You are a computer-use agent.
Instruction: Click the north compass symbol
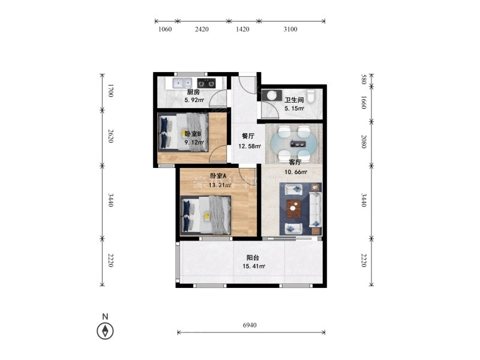105,331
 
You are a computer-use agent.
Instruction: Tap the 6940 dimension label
250,325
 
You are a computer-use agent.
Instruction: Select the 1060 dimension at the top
165,29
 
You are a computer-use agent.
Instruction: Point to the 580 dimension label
364,79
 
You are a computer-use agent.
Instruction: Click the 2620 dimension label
111,136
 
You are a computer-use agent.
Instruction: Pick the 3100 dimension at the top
290,29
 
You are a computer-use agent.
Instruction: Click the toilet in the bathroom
311,96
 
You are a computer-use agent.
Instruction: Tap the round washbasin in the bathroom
272,95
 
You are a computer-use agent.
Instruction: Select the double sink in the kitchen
182,83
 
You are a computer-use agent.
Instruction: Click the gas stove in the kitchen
206,83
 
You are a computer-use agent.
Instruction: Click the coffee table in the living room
294,209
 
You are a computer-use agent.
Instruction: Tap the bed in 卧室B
183,132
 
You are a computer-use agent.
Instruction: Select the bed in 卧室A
206,215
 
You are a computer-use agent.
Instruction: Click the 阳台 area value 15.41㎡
254,266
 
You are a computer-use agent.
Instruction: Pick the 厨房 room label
193,92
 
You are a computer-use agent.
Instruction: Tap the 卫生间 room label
294,100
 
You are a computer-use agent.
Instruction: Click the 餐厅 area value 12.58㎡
250,146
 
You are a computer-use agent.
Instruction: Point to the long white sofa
315,209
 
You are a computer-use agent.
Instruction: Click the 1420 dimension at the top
242,29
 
